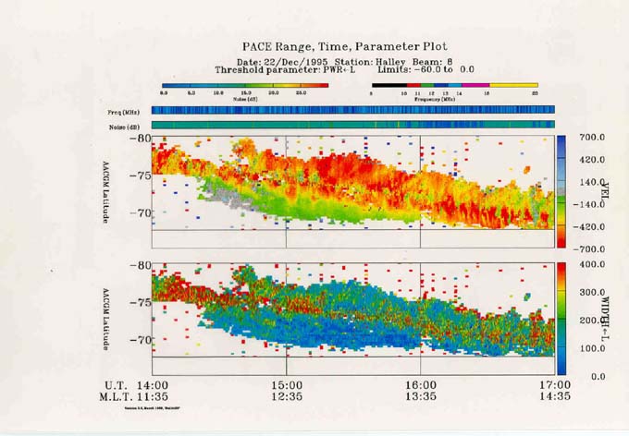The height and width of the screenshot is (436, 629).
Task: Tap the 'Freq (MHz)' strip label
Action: coord(122,111)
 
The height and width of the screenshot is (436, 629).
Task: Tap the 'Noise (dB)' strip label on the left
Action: coord(122,125)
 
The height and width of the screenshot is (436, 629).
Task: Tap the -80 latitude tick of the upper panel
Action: coord(139,139)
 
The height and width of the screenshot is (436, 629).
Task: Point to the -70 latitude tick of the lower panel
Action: coord(139,340)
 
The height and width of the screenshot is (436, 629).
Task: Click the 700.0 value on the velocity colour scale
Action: coord(593,138)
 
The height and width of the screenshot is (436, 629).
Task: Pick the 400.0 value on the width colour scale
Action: coord(593,266)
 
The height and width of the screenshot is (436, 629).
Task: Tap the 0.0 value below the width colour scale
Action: coord(597,376)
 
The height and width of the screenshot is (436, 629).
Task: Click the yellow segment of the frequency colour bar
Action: coord(514,85)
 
